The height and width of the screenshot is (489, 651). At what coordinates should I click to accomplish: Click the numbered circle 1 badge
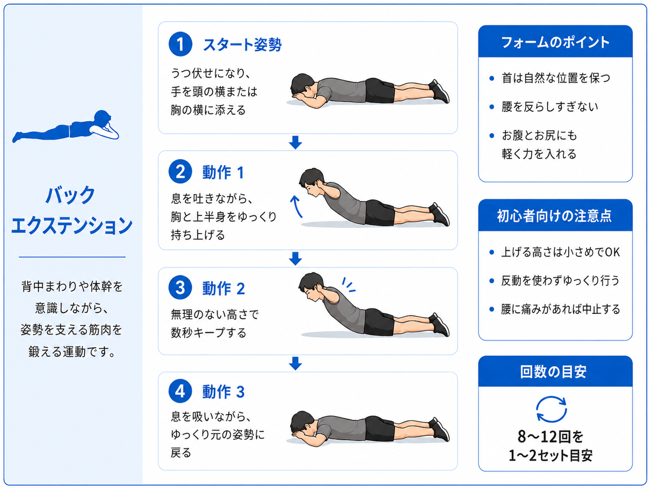click(180, 44)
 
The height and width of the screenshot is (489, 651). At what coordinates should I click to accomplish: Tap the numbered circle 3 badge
click(180, 287)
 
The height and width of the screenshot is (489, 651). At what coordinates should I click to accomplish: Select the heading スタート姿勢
click(242, 45)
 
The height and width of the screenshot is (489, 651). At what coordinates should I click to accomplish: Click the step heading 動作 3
click(223, 392)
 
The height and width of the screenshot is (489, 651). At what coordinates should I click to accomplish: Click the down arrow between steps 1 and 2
click(295, 143)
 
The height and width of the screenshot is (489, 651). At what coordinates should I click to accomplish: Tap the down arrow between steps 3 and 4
click(295, 363)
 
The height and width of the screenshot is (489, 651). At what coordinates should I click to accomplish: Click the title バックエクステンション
click(71, 210)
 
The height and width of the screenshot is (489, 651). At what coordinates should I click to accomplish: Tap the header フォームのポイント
click(555, 42)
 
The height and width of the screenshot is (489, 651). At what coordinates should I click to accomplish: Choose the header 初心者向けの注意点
click(554, 216)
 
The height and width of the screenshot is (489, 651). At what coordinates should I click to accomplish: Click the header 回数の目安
click(553, 371)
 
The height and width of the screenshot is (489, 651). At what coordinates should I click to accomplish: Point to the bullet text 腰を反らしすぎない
click(550, 107)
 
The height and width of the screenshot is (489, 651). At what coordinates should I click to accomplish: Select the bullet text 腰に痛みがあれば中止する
click(561, 309)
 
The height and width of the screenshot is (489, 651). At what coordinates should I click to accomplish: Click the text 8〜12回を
click(551, 436)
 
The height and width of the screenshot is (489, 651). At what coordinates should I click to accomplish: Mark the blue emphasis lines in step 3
click(349, 285)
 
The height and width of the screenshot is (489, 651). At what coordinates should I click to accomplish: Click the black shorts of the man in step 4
click(379, 429)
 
